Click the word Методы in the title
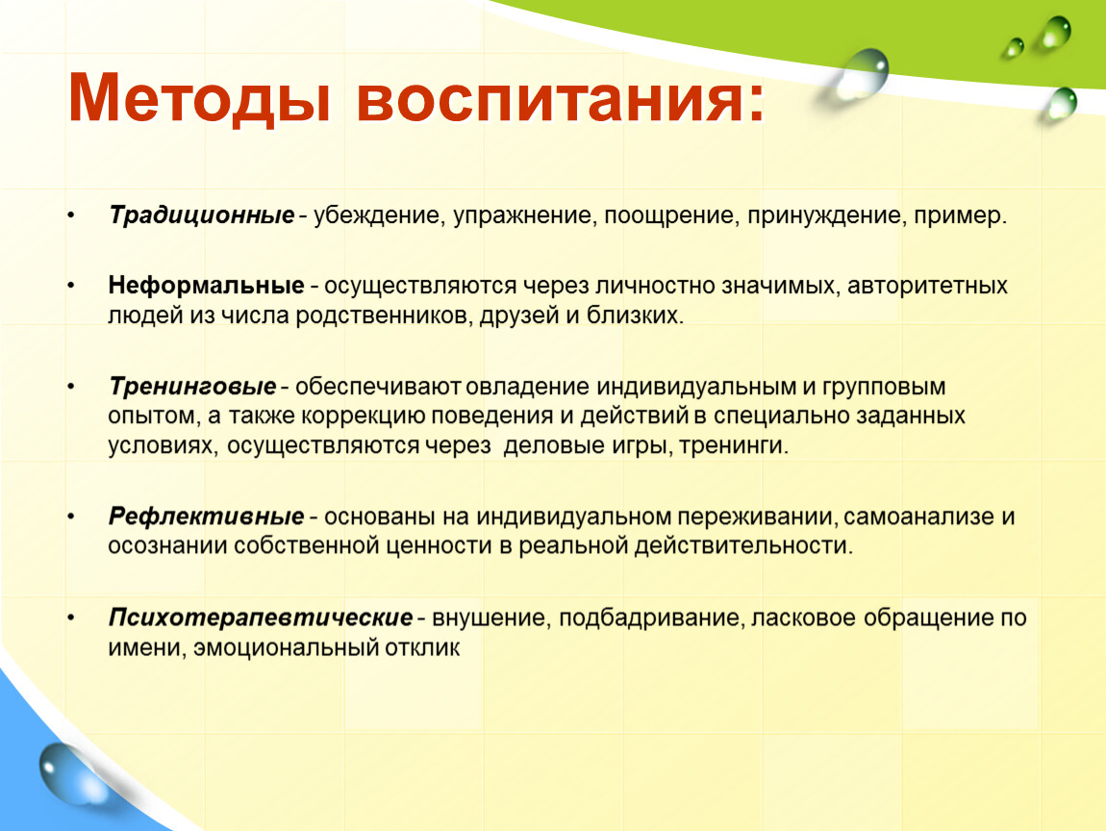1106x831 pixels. pyautogui.click(x=200, y=99)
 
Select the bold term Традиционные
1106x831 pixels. pyautogui.click(x=202, y=215)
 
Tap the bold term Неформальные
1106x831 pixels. pyautogui.click(x=206, y=285)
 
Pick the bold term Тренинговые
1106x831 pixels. pyautogui.click(x=192, y=387)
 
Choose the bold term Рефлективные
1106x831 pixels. pyautogui.click(x=206, y=516)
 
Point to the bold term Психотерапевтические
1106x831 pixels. pyautogui.click(x=261, y=617)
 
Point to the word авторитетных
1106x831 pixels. pyautogui.click(x=927, y=286)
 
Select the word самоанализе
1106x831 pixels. pyautogui.click(x=917, y=517)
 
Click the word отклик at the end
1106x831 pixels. pyautogui.click(x=422, y=647)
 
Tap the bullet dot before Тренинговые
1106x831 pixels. pyautogui.click(x=71, y=387)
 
